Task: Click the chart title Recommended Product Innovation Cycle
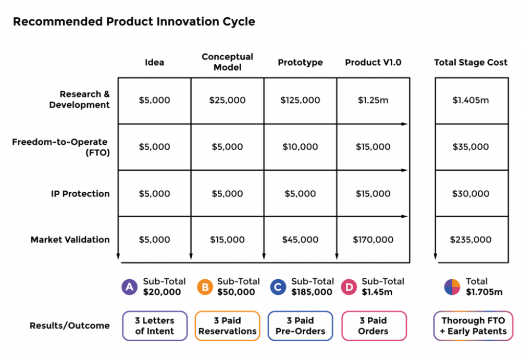click(134, 22)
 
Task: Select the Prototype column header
click(300, 63)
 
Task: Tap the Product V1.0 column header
click(373, 63)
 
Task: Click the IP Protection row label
click(80, 194)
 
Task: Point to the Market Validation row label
click(70, 240)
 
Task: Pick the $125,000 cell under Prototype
click(300, 100)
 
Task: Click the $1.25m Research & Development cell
click(373, 100)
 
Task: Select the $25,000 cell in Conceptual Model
click(227, 100)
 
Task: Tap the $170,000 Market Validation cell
click(373, 240)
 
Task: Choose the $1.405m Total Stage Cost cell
click(471, 100)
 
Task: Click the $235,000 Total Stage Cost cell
click(471, 240)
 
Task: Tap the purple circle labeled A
click(129, 287)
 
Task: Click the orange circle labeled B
click(205, 287)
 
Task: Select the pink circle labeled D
click(349, 287)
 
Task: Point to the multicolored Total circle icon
click(452, 287)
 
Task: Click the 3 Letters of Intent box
click(154, 326)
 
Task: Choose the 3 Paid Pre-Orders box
click(300, 326)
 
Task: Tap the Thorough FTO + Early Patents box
click(473, 326)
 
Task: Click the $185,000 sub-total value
click(312, 292)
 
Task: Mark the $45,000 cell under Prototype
click(300, 240)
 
